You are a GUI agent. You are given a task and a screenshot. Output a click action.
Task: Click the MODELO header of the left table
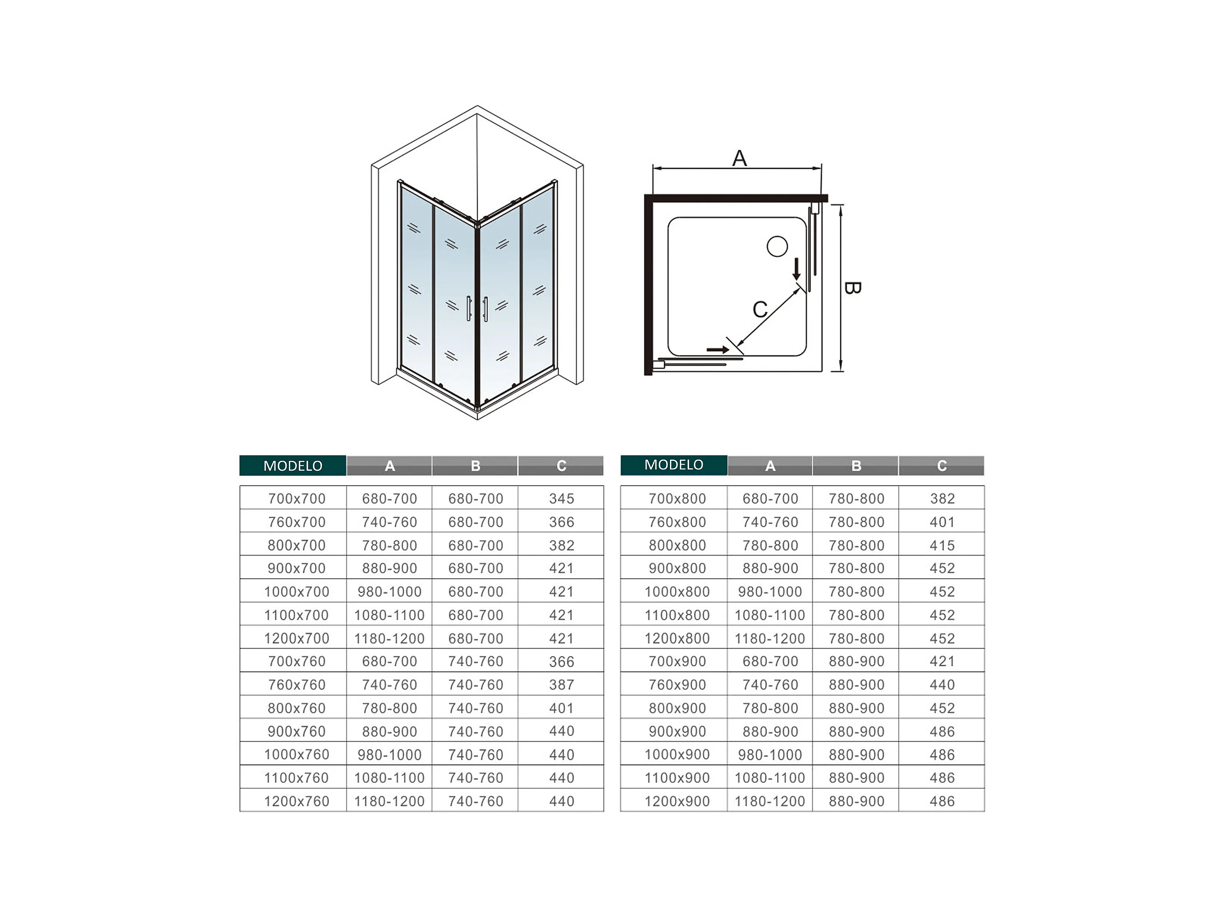292,466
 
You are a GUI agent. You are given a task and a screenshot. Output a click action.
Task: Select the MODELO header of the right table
673,465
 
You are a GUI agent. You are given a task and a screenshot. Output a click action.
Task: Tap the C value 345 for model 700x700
561,498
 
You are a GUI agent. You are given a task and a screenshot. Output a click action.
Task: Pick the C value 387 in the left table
561,685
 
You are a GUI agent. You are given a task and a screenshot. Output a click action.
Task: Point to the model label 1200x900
677,801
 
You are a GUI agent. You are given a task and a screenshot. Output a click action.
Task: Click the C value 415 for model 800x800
942,545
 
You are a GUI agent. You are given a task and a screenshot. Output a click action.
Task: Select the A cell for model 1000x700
389,592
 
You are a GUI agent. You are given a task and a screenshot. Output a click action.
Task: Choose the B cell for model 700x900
856,661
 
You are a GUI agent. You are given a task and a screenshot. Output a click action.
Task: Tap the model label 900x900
677,731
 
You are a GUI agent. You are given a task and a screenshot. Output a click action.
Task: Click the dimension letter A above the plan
739,158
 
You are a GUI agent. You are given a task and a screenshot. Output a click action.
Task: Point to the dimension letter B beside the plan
852,288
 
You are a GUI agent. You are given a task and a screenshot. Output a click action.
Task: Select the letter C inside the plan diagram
760,309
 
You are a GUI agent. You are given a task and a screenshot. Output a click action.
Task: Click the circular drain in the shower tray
777,246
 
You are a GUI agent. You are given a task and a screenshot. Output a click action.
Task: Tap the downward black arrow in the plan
796,269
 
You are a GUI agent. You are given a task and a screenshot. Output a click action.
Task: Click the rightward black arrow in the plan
718,349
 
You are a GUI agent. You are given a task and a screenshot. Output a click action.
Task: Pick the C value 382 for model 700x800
942,498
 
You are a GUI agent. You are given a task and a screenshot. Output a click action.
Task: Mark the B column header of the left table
475,466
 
